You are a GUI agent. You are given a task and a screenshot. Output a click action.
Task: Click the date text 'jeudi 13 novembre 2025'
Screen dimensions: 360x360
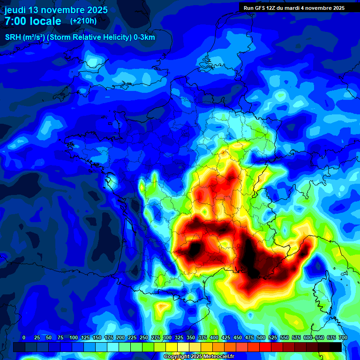[56, 10]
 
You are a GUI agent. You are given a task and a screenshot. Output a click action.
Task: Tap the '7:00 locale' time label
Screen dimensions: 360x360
[33, 21]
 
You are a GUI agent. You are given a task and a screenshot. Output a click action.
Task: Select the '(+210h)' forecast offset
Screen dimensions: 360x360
[83, 21]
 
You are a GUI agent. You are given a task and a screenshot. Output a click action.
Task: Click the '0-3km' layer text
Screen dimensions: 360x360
[144, 37]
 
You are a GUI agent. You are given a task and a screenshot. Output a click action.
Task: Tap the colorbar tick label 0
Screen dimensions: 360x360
[24, 337]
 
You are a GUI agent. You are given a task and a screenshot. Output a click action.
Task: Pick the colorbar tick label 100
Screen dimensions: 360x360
[74, 337]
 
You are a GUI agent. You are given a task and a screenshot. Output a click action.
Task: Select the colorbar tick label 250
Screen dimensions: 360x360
[144, 337]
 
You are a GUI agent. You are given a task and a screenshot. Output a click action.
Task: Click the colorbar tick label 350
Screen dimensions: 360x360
[191, 337]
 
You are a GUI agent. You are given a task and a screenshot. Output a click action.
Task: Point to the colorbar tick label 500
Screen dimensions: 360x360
[261, 337]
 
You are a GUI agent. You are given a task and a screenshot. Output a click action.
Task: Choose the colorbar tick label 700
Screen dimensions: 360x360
[343, 337]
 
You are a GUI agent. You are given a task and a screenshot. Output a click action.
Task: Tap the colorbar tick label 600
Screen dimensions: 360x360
[308, 337]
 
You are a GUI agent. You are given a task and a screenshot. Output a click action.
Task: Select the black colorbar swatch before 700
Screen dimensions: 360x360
[336, 347]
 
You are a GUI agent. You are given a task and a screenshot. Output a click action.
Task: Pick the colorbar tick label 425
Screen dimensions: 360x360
[226, 337]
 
